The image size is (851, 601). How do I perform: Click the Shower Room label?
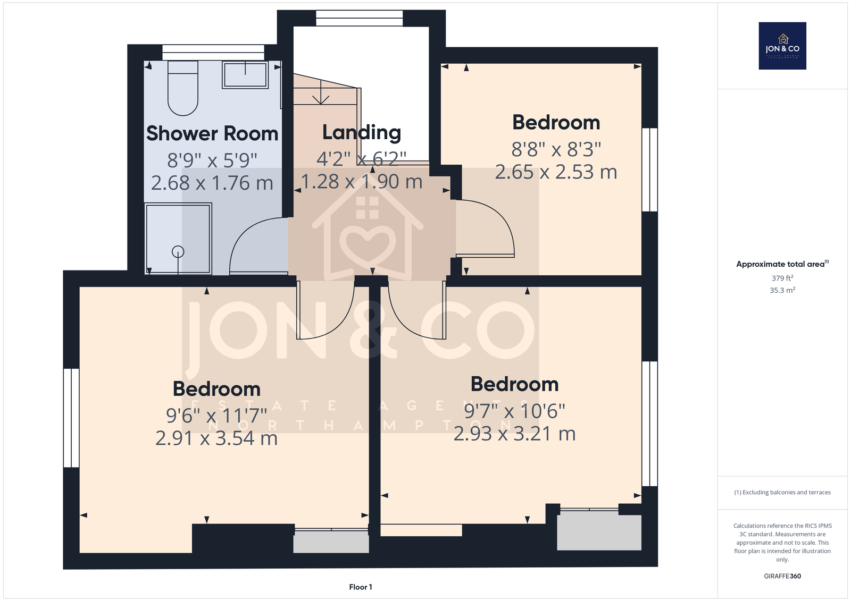coord(212,133)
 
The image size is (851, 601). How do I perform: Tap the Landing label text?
coord(362,132)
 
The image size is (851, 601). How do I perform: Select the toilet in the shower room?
coord(183,88)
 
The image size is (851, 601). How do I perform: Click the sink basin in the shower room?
coord(245,74)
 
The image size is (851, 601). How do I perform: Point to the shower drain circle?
coord(178,251)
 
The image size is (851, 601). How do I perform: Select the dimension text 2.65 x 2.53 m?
coord(556,172)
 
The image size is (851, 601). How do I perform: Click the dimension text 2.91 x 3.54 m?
coord(216,438)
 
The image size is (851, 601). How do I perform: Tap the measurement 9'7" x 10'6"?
coord(514,411)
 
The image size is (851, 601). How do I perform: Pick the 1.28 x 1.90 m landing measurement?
coord(362,182)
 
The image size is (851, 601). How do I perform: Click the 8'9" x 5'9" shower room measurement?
coord(212,160)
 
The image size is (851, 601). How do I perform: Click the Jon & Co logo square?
coord(782,46)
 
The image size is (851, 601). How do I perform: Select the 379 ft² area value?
coord(782,278)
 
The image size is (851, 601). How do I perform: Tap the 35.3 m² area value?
coord(782,290)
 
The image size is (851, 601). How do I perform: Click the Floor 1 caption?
coord(361,587)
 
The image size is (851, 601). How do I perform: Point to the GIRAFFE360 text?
coord(782,576)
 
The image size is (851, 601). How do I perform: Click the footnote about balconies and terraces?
coord(782,493)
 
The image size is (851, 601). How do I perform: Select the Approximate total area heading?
coord(782,264)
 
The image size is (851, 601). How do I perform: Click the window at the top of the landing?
coord(360,18)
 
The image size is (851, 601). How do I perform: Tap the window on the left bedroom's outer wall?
coord(71,418)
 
